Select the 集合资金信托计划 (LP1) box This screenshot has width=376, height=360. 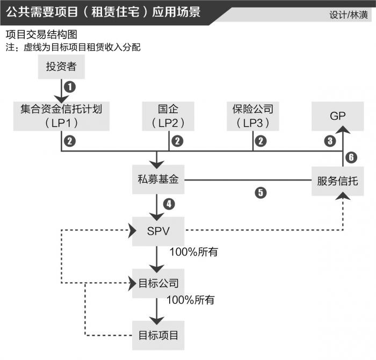pos(61,116)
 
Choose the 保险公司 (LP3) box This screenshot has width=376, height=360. pos(252,116)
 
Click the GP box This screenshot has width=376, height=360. pos(338,116)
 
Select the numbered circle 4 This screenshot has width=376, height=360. pos(169,204)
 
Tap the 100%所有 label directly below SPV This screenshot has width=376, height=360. pos(193,251)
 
